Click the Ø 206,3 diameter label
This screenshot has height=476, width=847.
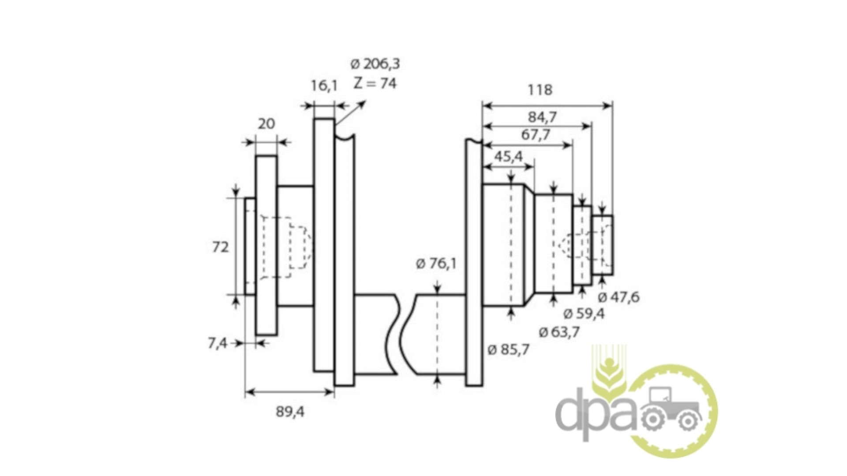tap(375, 64)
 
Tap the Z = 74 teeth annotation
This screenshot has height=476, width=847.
tap(375, 83)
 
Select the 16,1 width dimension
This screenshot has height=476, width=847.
tap(324, 86)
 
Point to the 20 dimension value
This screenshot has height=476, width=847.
tap(266, 124)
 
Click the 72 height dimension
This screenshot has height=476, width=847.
tap(221, 247)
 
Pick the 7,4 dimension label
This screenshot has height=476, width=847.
tap(217, 343)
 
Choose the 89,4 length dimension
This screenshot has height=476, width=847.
tap(290, 412)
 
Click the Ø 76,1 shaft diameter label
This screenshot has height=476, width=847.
tap(436, 264)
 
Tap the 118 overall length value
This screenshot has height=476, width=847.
tap(540, 90)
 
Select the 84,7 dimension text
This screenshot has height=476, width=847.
tap(542, 117)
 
